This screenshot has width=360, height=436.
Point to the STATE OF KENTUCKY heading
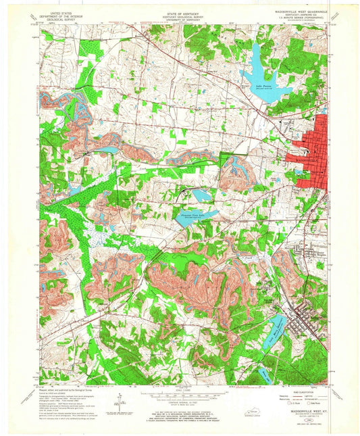tap(179, 11)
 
